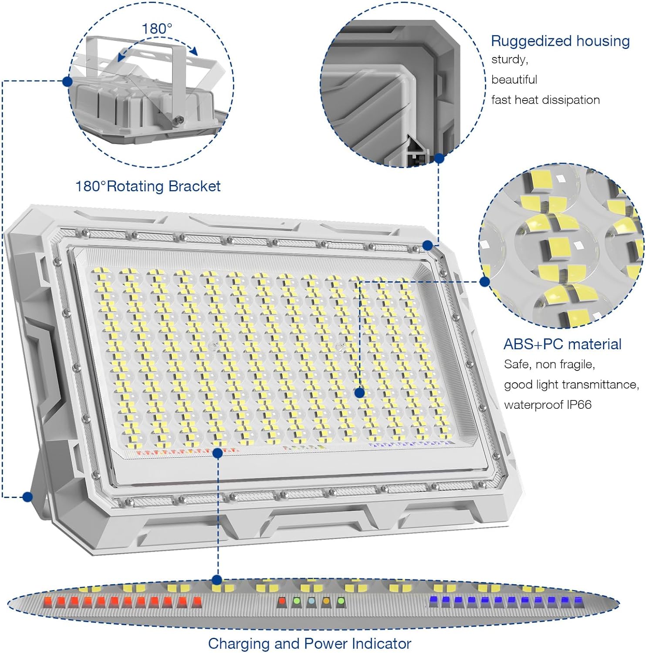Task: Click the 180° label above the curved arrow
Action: [x=157, y=29]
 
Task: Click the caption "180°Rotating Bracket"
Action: [x=148, y=186]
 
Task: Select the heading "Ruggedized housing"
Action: [x=560, y=41]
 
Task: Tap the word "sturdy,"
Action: [x=509, y=60]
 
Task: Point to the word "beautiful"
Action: [x=514, y=80]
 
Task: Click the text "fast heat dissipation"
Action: [x=545, y=100]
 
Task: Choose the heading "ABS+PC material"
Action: [x=562, y=344]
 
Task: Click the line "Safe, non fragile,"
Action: [x=549, y=364]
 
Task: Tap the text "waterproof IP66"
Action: [x=548, y=405]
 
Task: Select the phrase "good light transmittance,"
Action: [x=571, y=385]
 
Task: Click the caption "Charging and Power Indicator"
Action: [x=309, y=643]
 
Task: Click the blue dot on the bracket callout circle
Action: [x=68, y=81]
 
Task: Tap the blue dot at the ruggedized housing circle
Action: [x=439, y=158]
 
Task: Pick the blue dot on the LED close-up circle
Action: [x=484, y=282]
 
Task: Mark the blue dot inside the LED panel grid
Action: [x=359, y=393]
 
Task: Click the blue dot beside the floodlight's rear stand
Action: [x=28, y=497]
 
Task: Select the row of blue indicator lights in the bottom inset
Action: [x=505, y=602]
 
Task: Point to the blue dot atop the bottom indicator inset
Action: [x=217, y=580]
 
